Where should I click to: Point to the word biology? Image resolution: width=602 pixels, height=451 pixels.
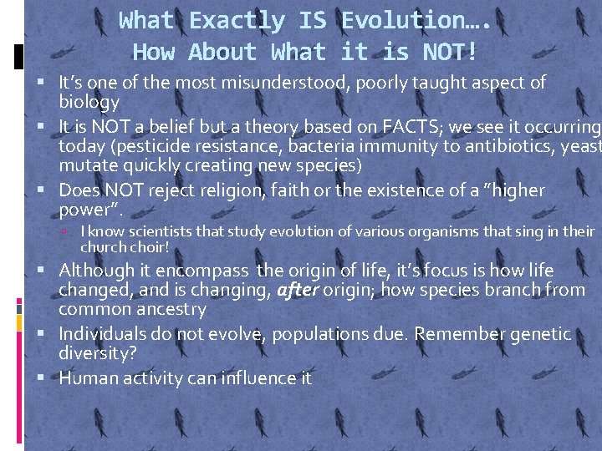(x=89, y=102)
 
